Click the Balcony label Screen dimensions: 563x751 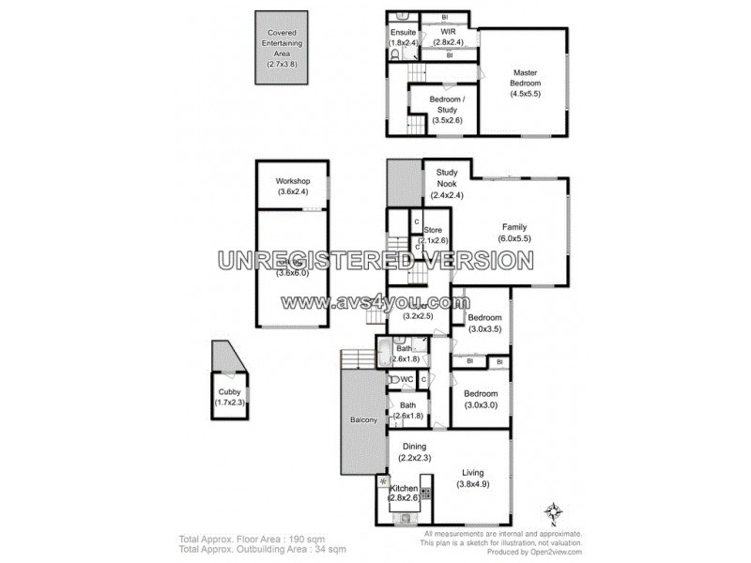363,420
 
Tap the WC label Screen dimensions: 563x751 406,379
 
